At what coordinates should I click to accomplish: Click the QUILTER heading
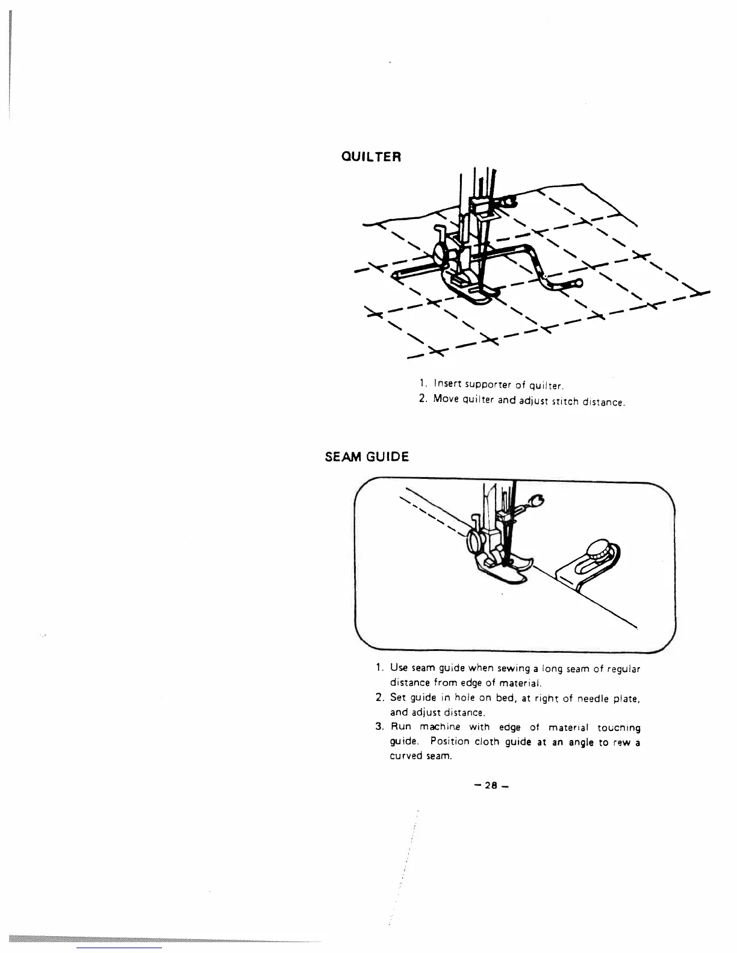pos(370,156)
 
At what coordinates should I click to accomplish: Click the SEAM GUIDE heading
pos(367,457)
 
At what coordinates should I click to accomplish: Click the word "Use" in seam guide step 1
pos(399,668)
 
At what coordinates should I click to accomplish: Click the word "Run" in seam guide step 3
pos(402,728)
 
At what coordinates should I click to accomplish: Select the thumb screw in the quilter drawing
pos(439,252)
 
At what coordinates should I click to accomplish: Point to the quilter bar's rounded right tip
pos(579,282)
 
